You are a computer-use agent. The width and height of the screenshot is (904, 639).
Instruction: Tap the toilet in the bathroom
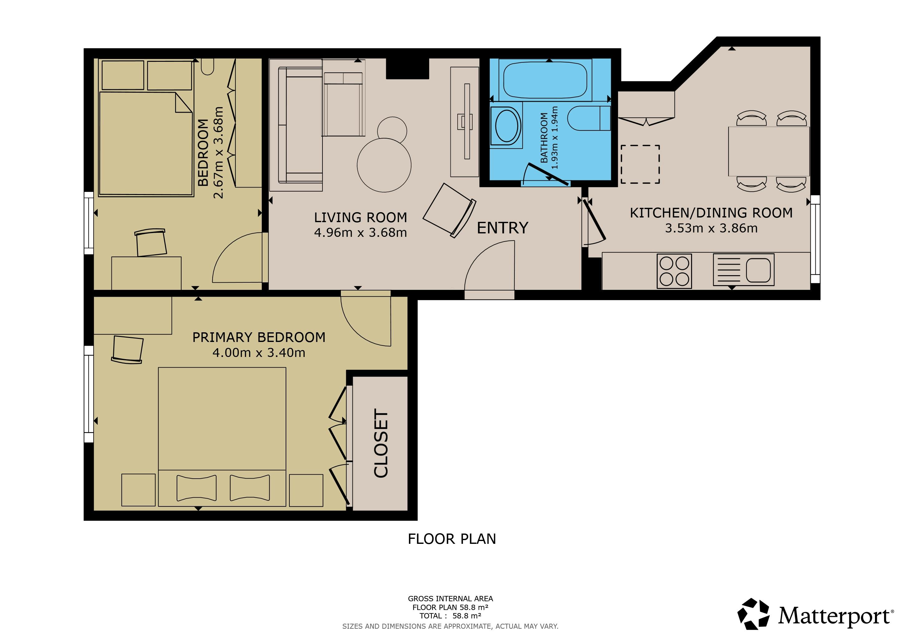click(589, 118)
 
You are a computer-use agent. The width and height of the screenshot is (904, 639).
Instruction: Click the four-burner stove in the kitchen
click(674, 271)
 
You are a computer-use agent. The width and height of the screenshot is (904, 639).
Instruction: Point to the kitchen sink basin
click(758, 270)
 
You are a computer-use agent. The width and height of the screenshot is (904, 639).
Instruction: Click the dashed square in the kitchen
click(640, 164)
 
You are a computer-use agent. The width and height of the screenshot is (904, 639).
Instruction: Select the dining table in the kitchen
click(769, 152)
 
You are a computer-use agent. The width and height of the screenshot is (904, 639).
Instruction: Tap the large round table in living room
click(384, 165)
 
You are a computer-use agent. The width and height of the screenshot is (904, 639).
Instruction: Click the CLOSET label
click(381, 443)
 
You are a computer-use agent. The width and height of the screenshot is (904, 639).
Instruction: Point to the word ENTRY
click(502, 228)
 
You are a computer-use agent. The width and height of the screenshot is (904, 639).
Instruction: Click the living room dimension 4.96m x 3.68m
click(360, 232)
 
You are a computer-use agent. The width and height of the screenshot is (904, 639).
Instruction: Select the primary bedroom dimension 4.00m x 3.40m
click(259, 353)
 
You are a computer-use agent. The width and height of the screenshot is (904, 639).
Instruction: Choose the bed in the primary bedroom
click(222, 437)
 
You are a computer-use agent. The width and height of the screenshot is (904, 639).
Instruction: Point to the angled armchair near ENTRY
click(449, 211)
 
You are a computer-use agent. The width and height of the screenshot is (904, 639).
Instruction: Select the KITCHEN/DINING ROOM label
click(711, 213)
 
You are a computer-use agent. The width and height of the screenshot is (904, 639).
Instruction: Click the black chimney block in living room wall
click(407, 68)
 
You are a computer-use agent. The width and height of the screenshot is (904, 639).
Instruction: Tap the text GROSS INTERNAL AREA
click(450, 598)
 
